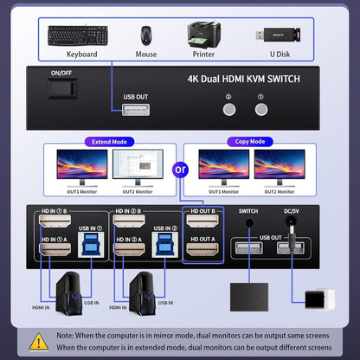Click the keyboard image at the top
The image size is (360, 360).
pos(78,36)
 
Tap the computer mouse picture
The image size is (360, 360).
pos(147,35)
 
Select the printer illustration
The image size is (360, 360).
pos(202,35)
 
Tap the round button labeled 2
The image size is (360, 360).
pos(229,111)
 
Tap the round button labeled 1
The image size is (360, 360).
pos(260,111)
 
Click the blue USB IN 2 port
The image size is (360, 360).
pos(163,243)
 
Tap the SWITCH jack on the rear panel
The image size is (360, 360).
pos(249,222)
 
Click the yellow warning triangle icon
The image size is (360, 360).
pos(39,340)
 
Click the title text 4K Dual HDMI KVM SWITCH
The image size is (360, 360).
pos(244,79)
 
